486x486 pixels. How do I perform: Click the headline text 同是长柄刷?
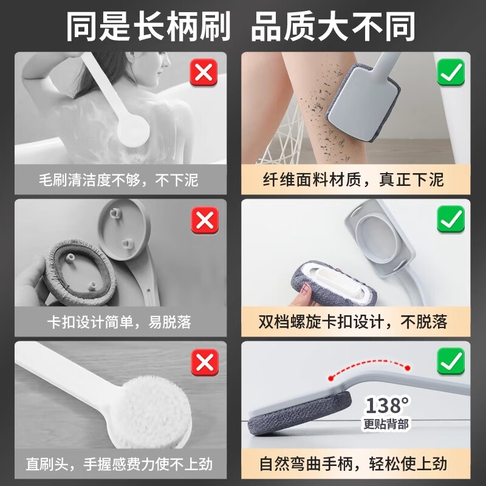[x=148, y=26]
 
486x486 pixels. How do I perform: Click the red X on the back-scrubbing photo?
[x=205, y=74]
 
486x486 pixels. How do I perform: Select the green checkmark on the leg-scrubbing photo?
[x=451, y=74]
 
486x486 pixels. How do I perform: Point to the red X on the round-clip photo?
[x=205, y=220]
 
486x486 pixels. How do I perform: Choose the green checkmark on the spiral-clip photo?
[x=451, y=219]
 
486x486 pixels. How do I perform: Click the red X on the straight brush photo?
[x=205, y=363]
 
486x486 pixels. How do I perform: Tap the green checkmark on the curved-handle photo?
[x=451, y=363]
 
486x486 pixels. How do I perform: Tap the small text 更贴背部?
[x=386, y=424]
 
